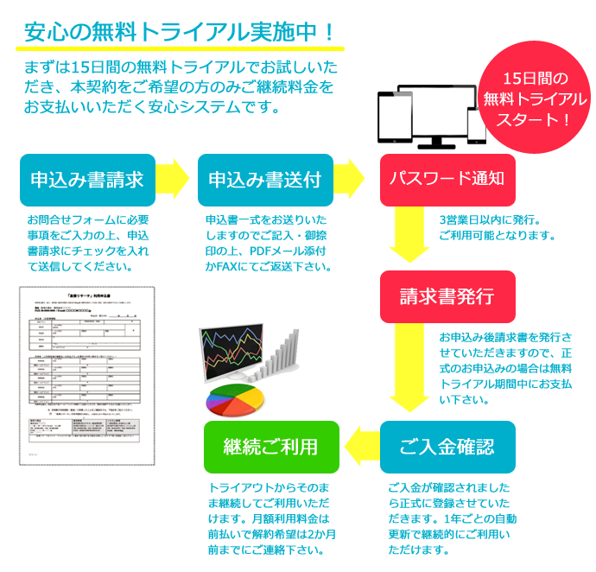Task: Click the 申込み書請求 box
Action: [87, 180]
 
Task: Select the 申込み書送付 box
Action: [265, 180]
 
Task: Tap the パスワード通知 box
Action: [447, 180]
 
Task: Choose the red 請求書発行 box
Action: [447, 296]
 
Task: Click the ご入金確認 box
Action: [447, 447]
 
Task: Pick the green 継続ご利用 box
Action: [271, 447]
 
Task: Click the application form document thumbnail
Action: [86, 376]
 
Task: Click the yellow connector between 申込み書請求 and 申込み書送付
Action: [173, 179]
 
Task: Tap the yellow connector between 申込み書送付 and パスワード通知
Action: [350, 179]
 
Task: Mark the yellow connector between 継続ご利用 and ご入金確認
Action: [360, 444]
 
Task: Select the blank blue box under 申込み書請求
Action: [88, 243]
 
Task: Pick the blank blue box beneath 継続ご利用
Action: [271, 518]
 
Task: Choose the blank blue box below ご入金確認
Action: [452, 518]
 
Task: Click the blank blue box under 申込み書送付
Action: [267, 243]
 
